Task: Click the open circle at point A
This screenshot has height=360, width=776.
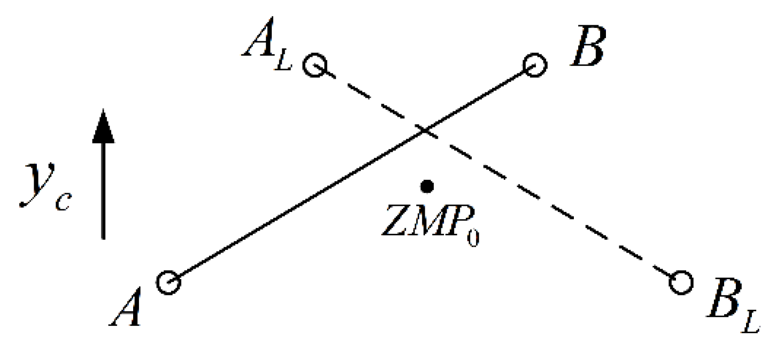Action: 168,282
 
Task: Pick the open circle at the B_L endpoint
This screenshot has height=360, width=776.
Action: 681,282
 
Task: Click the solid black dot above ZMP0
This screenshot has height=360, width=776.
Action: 426,186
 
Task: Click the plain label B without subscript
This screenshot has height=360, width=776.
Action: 587,49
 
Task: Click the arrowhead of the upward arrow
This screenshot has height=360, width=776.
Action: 103,127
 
